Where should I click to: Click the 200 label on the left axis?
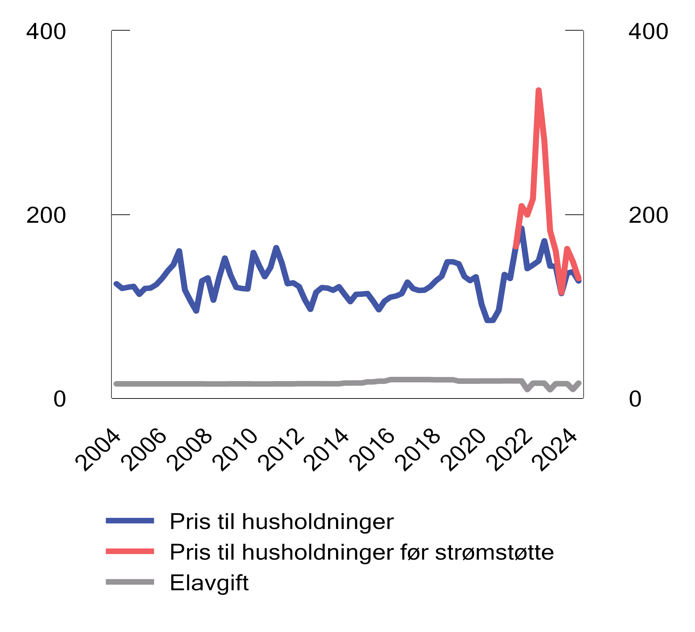click(x=46, y=215)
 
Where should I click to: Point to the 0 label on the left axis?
click(x=59, y=399)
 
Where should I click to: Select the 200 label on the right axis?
click(x=648, y=215)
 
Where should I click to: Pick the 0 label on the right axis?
click(x=635, y=399)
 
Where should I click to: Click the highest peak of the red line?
click(x=539, y=91)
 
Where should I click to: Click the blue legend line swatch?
click(x=130, y=521)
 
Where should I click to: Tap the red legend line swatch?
click(x=130, y=551)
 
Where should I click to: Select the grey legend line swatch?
click(x=130, y=582)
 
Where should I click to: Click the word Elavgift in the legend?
click(x=209, y=583)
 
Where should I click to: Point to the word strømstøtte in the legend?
click(x=494, y=552)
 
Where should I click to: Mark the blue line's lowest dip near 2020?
click(x=490, y=321)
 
